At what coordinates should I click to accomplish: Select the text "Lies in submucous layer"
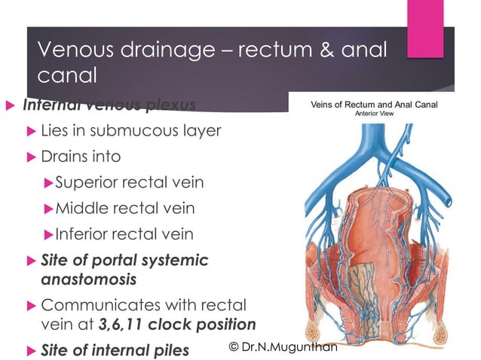pos(130,130)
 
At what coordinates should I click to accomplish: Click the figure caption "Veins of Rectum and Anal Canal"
pos(374,105)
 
